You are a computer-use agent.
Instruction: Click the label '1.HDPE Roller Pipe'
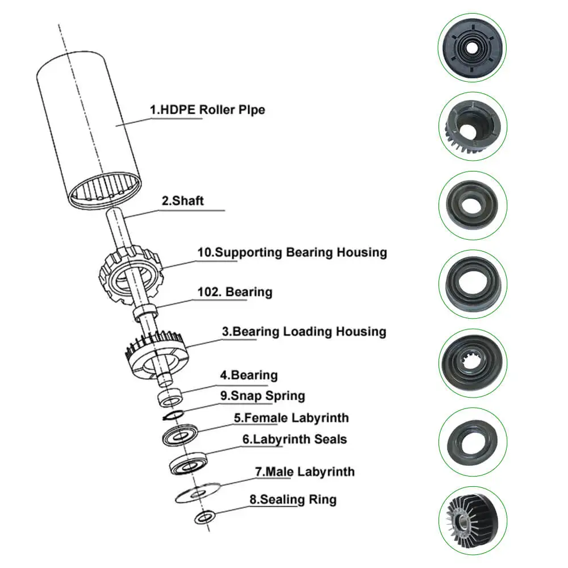207,110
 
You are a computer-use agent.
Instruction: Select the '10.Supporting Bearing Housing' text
292,252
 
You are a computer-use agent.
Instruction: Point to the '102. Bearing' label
235,293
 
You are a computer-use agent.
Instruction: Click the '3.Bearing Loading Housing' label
304,332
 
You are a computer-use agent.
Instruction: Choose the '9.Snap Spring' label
262,396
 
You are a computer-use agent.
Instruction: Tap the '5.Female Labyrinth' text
291,419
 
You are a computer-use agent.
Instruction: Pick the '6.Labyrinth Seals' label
294,440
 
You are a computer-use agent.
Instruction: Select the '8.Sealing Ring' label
293,500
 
